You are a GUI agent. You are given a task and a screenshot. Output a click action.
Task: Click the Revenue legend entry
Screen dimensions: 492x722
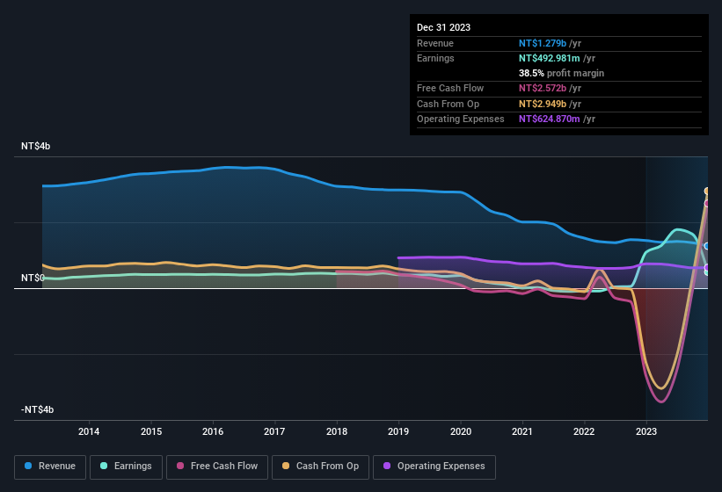coord(51,466)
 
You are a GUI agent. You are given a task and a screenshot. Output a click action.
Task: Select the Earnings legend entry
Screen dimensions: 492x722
coord(126,466)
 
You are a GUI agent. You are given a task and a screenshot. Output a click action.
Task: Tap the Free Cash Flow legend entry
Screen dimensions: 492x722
coord(217,466)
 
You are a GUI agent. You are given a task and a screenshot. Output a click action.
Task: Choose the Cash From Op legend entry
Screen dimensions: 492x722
coord(320,466)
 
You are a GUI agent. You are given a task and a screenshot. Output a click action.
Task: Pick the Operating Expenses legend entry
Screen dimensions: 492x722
coord(434,466)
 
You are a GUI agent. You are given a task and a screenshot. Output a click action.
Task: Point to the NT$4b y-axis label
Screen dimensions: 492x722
coord(36,146)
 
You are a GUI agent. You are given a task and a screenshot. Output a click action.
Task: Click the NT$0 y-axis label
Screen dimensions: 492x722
coord(33,278)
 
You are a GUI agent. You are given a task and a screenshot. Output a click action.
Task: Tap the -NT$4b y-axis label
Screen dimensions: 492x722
coord(38,409)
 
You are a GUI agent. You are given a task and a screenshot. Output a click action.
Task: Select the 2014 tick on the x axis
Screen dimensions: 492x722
coord(89,431)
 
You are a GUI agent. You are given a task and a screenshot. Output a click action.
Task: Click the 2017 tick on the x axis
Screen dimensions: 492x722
coord(274,431)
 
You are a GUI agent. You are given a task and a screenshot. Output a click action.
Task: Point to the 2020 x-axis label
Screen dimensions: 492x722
coord(460,431)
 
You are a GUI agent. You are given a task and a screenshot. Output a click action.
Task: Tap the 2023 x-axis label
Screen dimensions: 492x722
coord(646,431)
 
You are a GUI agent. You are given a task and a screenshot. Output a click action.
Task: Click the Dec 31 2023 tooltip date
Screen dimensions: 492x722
coord(443,27)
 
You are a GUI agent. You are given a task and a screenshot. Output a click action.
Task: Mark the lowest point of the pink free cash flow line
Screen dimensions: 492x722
coord(661,402)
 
